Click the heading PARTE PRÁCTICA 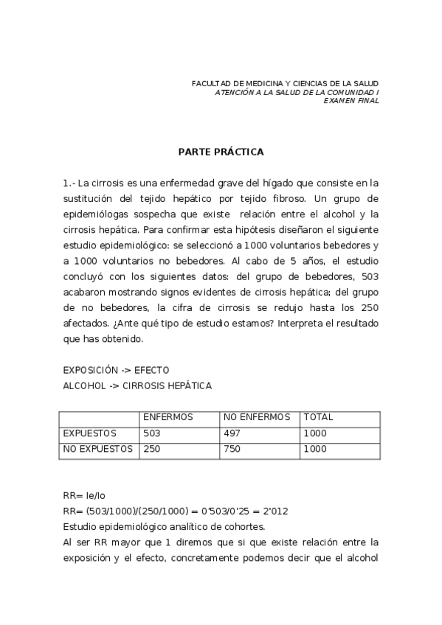tap(221, 152)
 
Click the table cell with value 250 tap(153, 449)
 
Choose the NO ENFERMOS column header tap(257, 417)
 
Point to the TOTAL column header tap(319, 417)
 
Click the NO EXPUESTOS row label tap(98, 449)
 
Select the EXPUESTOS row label tap(90, 433)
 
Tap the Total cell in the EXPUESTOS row tap(315, 433)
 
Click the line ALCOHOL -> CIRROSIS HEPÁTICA tap(137, 385)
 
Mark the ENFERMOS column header tap(168, 417)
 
